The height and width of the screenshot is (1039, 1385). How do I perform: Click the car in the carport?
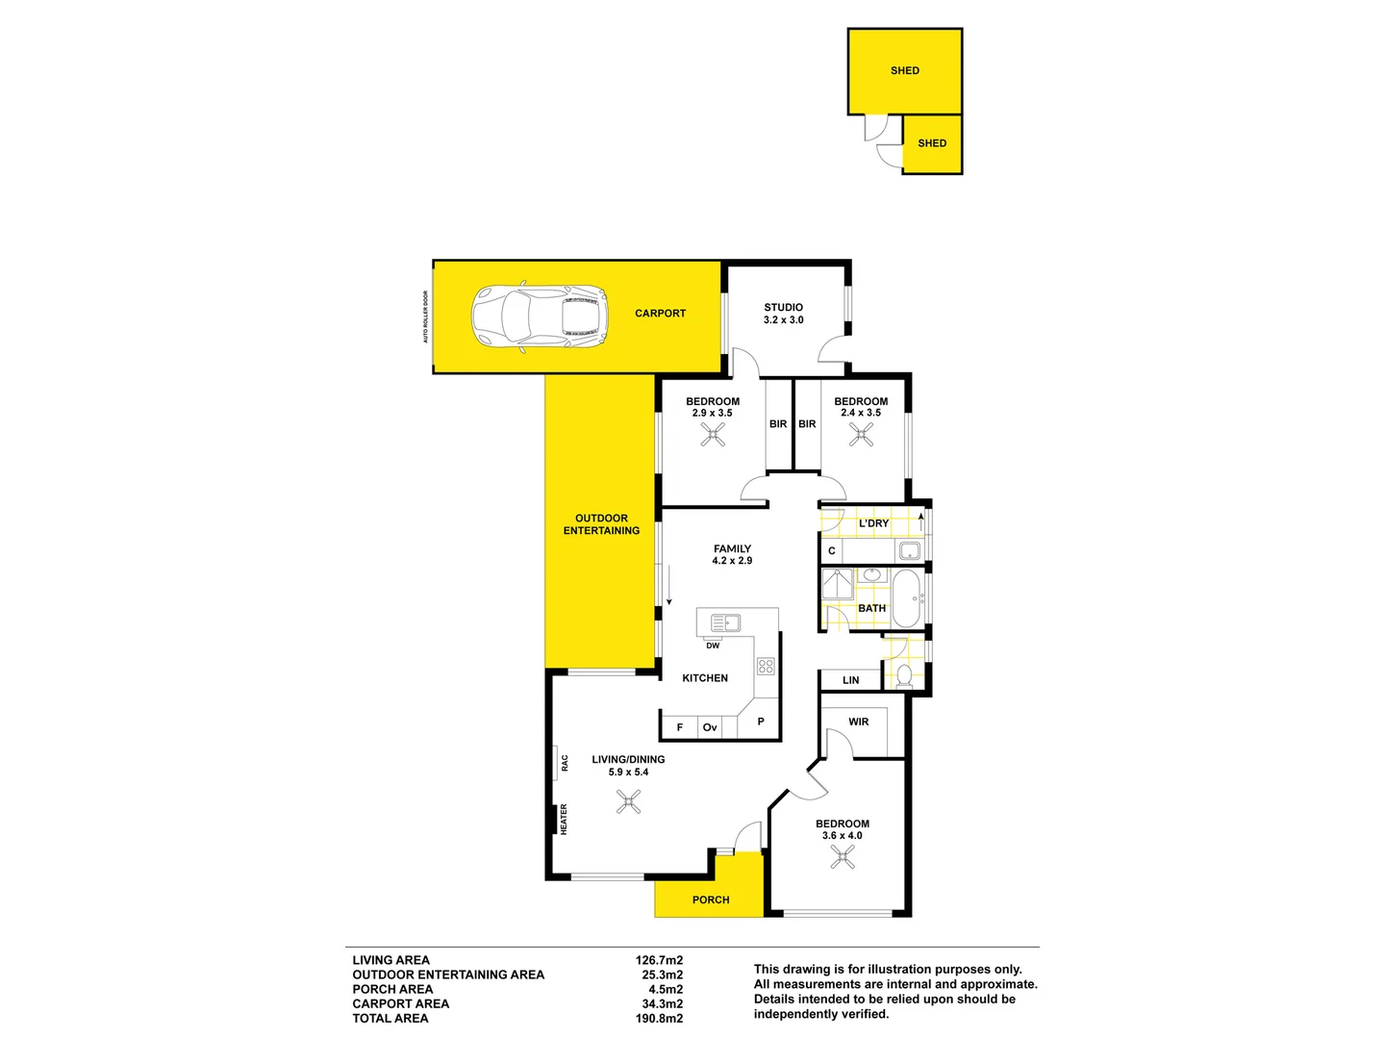(539, 317)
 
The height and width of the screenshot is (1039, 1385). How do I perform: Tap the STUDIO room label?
(783, 308)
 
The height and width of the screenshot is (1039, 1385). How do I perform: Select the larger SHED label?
(904, 70)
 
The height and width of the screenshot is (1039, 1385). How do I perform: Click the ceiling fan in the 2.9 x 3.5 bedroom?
(713, 436)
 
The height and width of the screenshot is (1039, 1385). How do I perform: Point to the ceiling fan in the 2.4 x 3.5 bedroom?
(861, 436)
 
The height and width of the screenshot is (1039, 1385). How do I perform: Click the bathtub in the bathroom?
(906, 598)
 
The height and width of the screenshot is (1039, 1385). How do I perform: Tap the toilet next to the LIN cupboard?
(904, 675)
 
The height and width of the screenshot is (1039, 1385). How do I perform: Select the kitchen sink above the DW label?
(725, 622)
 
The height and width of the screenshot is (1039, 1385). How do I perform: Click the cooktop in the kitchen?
(766, 666)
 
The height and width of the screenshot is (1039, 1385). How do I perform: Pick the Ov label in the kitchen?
(710, 727)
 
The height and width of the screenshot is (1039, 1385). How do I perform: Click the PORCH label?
(711, 900)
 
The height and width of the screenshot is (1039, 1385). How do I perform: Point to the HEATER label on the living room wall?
(564, 819)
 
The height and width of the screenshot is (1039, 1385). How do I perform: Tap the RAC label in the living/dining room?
(565, 762)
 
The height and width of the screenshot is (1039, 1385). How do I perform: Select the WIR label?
(859, 722)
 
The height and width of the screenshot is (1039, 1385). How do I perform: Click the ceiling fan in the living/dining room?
(629, 801)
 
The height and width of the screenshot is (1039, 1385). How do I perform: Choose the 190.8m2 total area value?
(659, 1018)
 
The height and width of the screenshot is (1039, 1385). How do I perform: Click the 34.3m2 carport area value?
(662, 1003)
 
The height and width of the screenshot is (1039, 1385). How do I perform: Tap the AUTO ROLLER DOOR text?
(425, 317)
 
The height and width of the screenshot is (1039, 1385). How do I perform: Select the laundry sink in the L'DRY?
(909, 551)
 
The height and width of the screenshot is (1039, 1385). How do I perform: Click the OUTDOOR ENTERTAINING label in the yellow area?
(601, 524)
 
